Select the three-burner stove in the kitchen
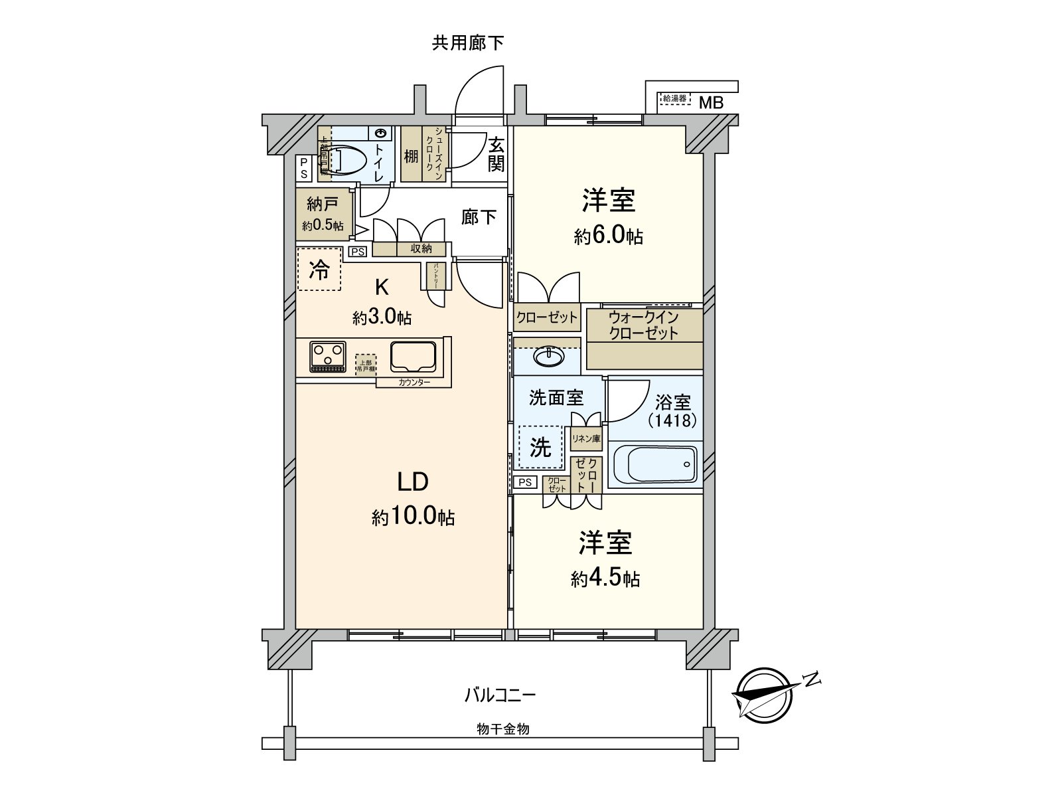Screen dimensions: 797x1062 (327, 357)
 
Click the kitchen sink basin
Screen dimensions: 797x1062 (413, 357)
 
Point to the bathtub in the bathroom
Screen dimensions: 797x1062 (655, 464)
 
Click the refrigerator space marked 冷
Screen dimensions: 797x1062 (319, 269)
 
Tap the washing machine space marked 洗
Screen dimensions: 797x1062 (540, 448)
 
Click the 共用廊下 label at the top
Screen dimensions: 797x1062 (468, 44)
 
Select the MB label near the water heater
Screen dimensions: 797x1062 (710, 103)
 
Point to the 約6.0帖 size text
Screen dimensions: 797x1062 (608, 236)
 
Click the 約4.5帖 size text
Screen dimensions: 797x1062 (605, 578)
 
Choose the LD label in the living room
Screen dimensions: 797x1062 (412, 482)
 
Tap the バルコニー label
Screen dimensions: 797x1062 (499, 695)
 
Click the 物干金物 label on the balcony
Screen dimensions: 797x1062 (502, 729)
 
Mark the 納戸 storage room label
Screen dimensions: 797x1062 (323, 204)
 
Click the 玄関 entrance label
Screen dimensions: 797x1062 (496, 154)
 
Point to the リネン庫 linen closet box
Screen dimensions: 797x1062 (586, 438)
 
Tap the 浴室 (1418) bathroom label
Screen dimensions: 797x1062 (673, 410)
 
